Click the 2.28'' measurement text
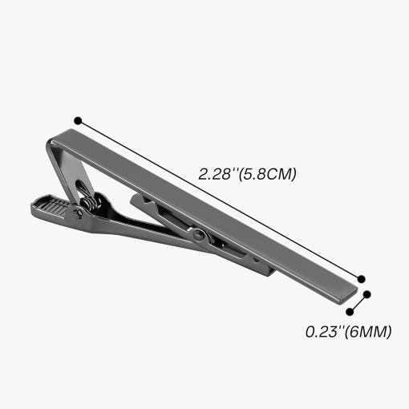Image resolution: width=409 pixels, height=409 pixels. coord(218,174)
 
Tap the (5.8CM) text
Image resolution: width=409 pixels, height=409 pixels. coord(267,174)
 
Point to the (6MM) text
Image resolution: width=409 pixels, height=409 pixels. coord(368,332)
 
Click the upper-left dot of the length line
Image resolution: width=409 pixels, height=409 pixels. coord(78,121)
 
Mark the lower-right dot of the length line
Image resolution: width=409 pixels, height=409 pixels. coord(361,279)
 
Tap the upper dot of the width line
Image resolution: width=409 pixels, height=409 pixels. coord(367,294)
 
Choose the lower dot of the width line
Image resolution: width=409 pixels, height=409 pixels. coord(350,312)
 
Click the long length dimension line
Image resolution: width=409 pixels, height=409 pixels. coord(220,200)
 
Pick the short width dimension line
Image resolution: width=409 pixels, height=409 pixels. coord(358,303)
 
